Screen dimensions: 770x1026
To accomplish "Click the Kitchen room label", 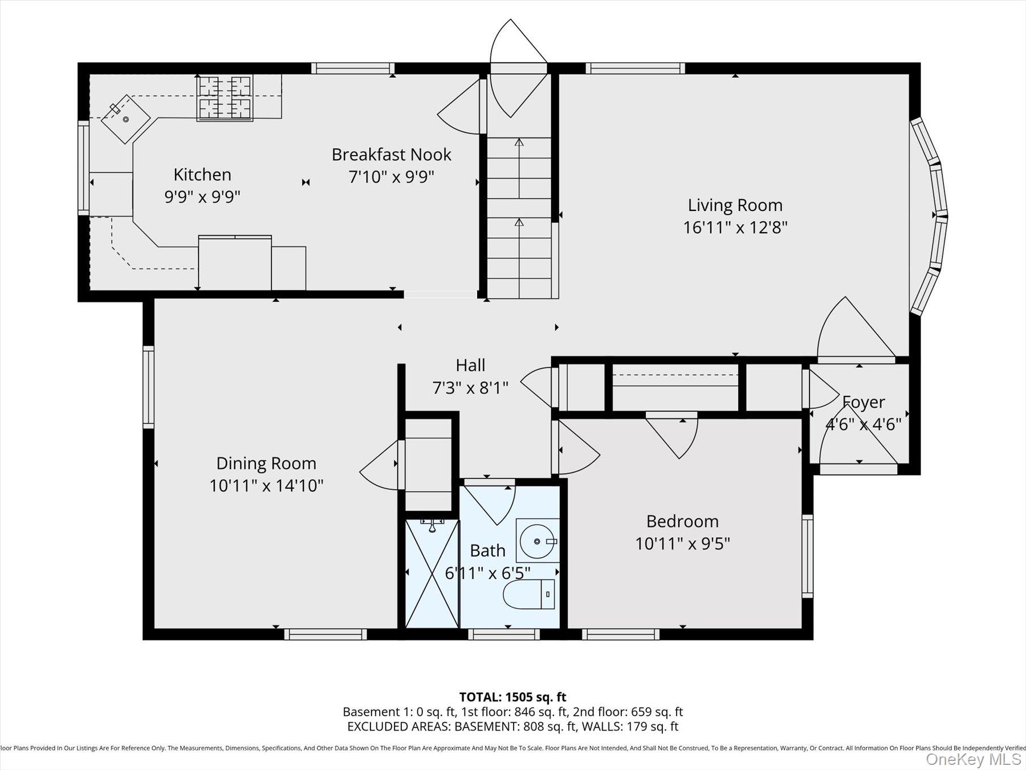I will tap(202, 175).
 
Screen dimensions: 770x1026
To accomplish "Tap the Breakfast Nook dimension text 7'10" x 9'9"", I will tap(391, 177).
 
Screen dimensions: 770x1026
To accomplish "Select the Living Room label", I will tap(735, 205).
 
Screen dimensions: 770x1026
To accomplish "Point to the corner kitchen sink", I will tap(125, 119).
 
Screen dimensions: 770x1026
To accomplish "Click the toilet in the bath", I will tap(530, 594).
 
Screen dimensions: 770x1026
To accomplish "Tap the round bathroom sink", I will tap(537, 541).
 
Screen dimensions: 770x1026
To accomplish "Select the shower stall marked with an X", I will tap(431, 573).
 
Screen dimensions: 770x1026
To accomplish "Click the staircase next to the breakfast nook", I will tap(519, 217).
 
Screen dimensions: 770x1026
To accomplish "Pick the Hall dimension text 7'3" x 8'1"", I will tap(470, 388).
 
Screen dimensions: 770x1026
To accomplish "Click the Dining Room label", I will tap(266, 463).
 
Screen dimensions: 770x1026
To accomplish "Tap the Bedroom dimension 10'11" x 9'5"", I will tap(682, 544).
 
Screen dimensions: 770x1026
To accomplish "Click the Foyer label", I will tap(864, 402).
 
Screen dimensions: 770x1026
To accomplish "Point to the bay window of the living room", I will tap(930, 217).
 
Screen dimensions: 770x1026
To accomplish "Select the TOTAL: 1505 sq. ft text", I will tap(512, 697).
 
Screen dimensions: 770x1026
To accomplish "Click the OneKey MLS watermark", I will tap(973, 759).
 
